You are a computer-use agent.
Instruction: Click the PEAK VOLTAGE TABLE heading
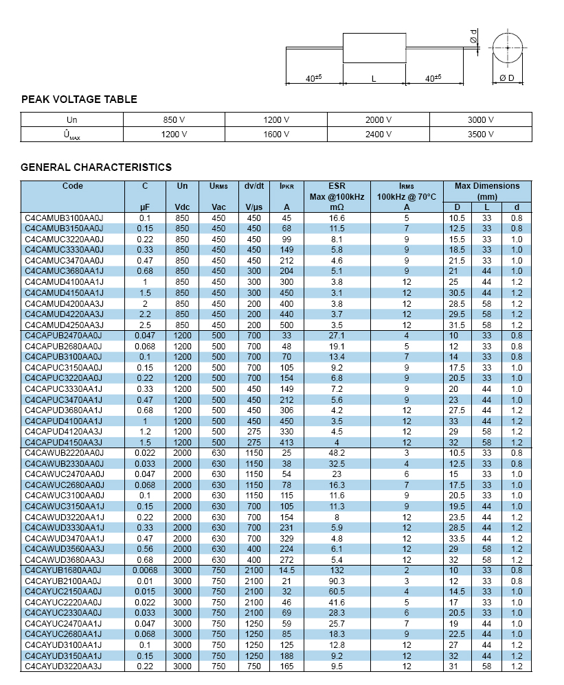[79, 100]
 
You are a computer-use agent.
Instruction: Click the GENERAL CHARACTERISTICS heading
[96, 167]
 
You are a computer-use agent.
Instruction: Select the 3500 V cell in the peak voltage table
[481, 135]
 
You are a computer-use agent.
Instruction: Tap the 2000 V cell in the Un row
[379, 119]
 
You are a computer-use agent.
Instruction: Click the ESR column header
[337, 186]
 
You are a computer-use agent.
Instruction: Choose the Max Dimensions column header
[487, 186]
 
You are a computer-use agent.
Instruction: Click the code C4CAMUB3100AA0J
[64, 218]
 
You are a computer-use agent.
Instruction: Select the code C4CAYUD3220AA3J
[64, 666]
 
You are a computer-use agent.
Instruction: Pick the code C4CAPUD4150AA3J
[64, 443]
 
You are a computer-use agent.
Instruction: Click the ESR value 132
[337, 570]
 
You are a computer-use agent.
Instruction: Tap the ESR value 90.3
[337, 581]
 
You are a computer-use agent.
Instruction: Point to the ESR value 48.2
[337, 453]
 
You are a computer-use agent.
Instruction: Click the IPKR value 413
[286, 443]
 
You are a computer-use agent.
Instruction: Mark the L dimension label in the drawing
[374, 80]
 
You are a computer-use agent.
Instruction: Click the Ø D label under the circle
[507, 79]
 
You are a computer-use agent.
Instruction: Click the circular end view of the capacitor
[507, 48]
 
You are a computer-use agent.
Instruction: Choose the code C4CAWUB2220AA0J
[64, 453]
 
